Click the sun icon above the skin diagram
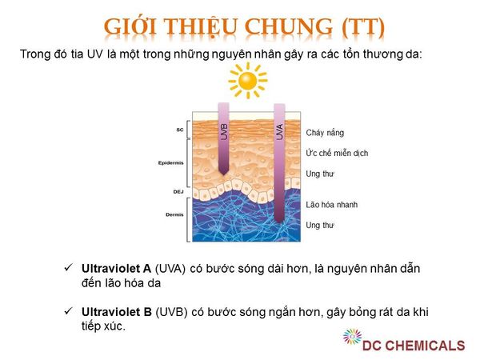click(248, 81)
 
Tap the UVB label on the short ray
click(224, 132)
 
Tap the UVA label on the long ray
click(279, 132)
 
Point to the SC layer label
click(180, 130)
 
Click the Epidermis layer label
click(171, 163)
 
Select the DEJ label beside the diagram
click(178, 192)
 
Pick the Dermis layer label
click(174, 214)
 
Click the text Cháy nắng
click(325, 133)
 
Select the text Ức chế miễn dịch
click(337, 153)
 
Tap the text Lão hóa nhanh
click(331, 205)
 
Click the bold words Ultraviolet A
click(116, 269)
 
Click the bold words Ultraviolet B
click(117, 312)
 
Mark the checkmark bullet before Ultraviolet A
click(68, 267)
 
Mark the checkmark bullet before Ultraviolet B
click(68, 311)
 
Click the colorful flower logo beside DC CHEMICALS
click(352, 337)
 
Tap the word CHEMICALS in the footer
click(423, 346)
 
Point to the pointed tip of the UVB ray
click(224, 175)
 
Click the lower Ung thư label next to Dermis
click(320, 226)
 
